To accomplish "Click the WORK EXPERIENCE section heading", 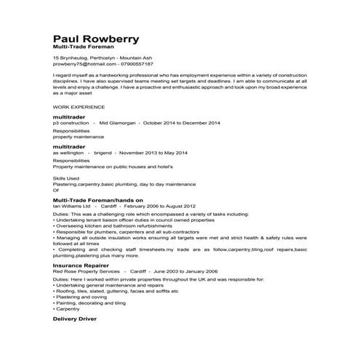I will point(76,106).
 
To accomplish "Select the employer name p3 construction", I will point(71,123).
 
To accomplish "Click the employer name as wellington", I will point(70,153).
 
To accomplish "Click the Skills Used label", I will point(66,177).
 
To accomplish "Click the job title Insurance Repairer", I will point(80,266).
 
